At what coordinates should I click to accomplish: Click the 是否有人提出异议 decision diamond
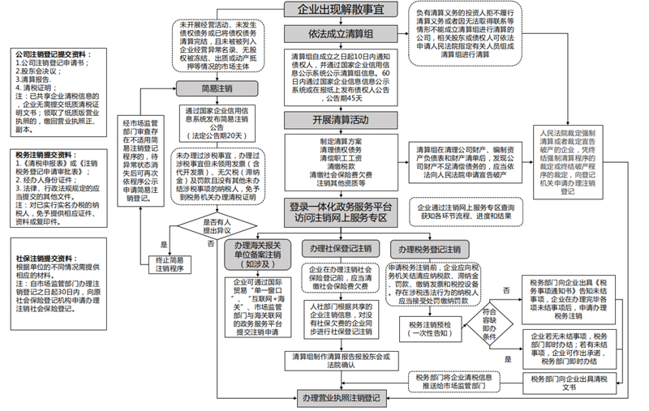click(x=216, y=225)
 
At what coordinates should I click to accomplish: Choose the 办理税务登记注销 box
click(x=425, y=248)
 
